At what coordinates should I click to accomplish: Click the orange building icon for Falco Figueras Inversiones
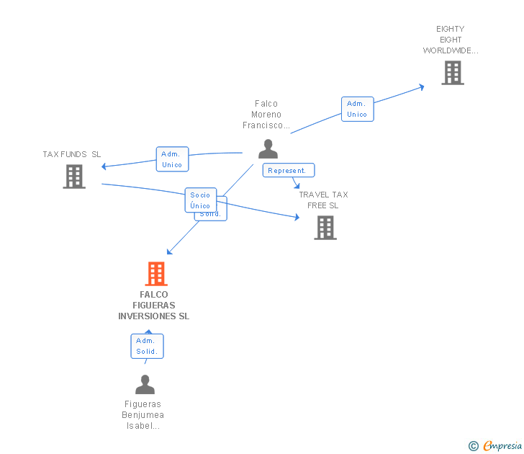pyautogui.click(x=156, y=274)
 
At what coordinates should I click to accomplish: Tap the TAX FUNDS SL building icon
pyautogui.click(x=74, y=177)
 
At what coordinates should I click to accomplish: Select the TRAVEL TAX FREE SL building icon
pyautogui.click(x=325, y=228)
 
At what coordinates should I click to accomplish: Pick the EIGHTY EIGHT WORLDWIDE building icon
pyautogui.click(x=453, y=73)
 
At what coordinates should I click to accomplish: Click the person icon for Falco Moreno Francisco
pyautogui.click(x=268, y=149)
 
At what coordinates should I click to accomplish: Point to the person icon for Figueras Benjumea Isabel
pyautogui.click(x=145, y=385)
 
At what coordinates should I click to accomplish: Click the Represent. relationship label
pyautogui.click(x=289, y=171)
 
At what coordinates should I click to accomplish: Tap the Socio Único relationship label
pyautogui.click(x=200, y=200)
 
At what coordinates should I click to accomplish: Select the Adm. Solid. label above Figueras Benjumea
pyautogui.click(x=148, y=346)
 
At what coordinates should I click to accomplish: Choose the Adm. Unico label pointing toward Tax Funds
pyautogui.click(x=172, y=159)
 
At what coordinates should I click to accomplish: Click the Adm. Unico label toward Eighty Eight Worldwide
pyautogui.click(x=357, y=109)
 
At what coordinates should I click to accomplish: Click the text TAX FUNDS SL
pyautogui.click(x=72, y=154)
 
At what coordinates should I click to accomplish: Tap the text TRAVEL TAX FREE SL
pyautogui.click(x=323, y=200)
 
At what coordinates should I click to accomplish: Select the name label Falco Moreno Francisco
pyautogui.click(x=266, y=114)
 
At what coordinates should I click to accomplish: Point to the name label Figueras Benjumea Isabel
pyautogui.click(x=143, y=414)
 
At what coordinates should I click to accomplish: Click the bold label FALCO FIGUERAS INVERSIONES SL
pyautogui.click(x=154, y=305)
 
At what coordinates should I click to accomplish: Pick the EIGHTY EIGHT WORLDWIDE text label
pyautogui.click(x=451, y=40)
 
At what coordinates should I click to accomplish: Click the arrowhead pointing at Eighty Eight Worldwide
pyautogui.click(x=420, y=87)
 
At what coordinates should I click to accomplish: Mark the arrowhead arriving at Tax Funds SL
pyautogui.click(x=105, y=166)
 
